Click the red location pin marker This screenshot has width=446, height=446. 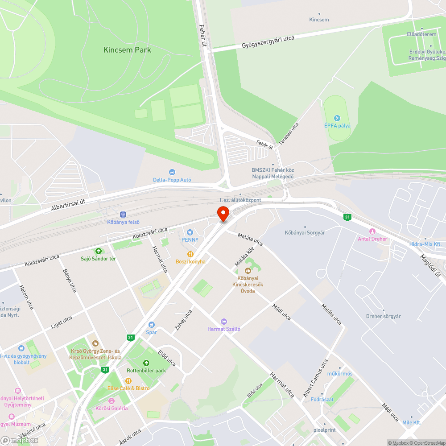point(223,214)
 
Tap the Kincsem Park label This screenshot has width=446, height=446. point(127,50)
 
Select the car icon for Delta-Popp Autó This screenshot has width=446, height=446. point(172,172)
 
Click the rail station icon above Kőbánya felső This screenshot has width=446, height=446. point(123,215)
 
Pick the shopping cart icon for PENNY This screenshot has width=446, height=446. point(190,232)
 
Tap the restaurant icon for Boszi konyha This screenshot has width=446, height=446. point(190,254)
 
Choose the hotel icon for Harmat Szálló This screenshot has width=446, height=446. point(224,321)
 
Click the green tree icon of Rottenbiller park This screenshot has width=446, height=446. point(146,363)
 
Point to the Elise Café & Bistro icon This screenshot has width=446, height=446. point(128,380)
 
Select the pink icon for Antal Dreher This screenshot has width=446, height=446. point(372,231)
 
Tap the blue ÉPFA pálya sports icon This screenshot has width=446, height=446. point(337,118)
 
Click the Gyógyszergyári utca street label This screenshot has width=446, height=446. point(268,42)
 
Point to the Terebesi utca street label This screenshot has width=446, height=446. point(289,134)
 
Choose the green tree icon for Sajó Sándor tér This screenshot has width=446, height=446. point(98,251)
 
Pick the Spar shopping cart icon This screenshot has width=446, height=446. point(152,324)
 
